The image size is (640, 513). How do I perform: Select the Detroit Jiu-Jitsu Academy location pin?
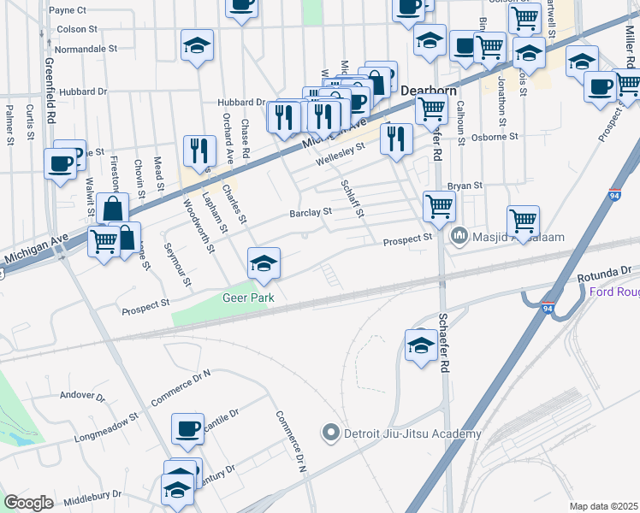[x=331, y=433]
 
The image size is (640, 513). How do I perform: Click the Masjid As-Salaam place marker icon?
[x=459, y=233]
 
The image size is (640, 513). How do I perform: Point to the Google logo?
[x=28, y=503]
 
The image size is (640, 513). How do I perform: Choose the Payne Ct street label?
[x=68, y=11]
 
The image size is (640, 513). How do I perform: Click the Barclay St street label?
[x=310, y=212]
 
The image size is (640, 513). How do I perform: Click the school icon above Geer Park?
[x=264, y=262]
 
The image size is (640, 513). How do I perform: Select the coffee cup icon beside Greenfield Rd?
[x=60, y=162]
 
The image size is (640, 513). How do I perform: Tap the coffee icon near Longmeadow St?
[x=187, y=427]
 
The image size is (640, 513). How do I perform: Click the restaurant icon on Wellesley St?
[x=396, y=139]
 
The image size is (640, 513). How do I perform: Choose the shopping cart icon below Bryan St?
[x=439, y=205]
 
